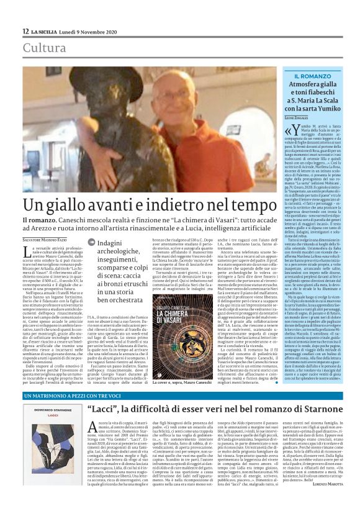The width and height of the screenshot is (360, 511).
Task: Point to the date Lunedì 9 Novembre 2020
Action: coord(93,31)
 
